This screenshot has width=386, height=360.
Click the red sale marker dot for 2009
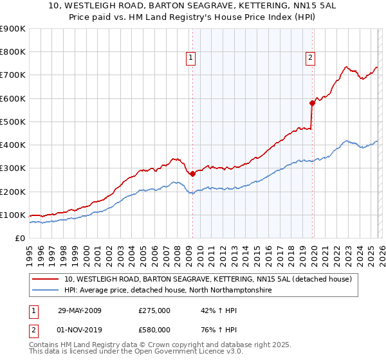[x=192, y=174]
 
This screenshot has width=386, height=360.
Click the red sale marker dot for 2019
[x=312, y=103]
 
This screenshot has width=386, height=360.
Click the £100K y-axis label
[x=13, y=215]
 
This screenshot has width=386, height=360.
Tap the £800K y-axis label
[x=13, y=52]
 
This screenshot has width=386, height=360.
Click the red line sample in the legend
[x=46, y=280]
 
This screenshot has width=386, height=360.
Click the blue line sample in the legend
[x=46, y=291]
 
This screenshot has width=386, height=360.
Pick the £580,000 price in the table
[x=154, y=330]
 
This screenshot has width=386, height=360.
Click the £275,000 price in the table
[x=154, y=310]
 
